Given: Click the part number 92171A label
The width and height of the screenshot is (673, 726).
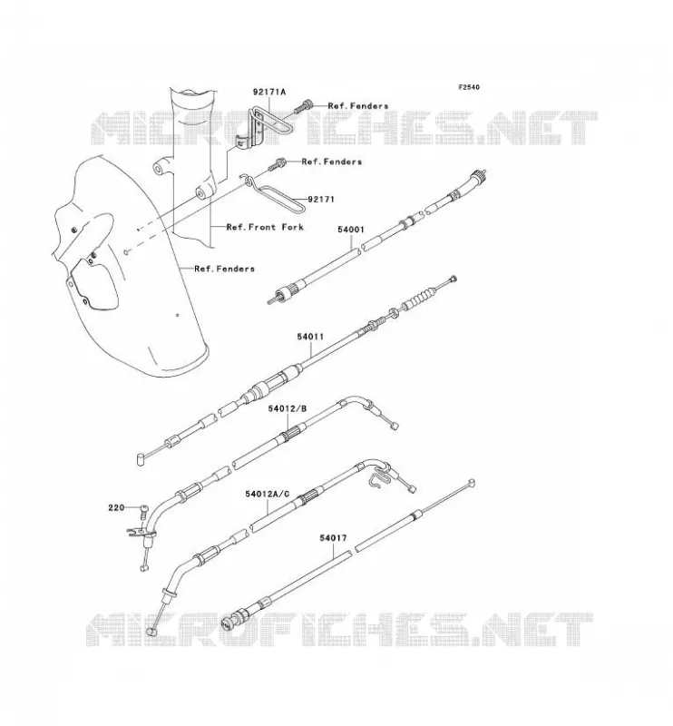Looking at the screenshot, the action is pyautogui.click(x=268, y=92).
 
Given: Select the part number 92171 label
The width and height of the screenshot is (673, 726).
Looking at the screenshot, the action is pyautogui.click(x=321, y=200).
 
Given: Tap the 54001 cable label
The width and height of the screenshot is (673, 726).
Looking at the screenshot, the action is pyautogui.click(x=350, y=230).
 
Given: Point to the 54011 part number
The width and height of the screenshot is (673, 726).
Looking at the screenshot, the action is pyautogui.click(x=310, y=337).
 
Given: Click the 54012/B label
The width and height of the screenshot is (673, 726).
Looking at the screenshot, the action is pyautogui.click(x=287, y=408).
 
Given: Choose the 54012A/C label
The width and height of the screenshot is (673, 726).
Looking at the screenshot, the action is pyautogui.click(x=267, y=494).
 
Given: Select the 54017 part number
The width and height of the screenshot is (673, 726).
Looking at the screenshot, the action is pyautogui.click(x=333, y=538).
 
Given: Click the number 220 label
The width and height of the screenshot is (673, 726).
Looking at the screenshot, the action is pyautogui.click(x=116, y=507).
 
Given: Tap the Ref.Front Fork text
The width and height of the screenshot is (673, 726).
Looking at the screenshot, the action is pyautogui.click(x=265, y=227).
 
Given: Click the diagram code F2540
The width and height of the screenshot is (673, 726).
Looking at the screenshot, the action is pyautogui.click(x=469, y=87).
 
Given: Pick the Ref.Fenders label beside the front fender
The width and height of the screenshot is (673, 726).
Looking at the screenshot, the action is pyautogui.click(x=225, y=269).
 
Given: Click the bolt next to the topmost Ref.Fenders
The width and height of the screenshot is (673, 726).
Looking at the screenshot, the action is pyautogui.click(x=303, y=107).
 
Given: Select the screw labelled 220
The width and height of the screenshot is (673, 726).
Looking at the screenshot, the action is pyautogui.click(x=143, y=512).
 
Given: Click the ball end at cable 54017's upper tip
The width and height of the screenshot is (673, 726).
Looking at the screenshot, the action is pyautogui.click(x=472, y=483).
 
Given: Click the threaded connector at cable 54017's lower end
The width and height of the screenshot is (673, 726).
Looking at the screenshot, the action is pyautogui.click(x=233, y=620).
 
